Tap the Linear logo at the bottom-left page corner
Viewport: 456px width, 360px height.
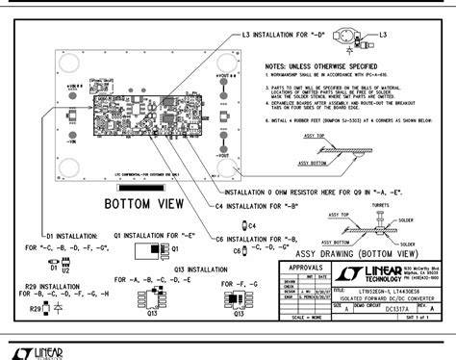(35, 347)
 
